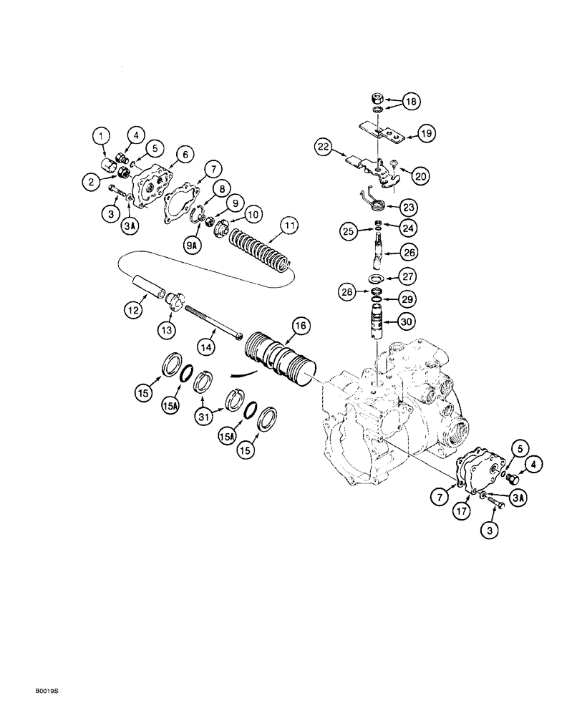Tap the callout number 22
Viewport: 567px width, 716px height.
coord(324,147)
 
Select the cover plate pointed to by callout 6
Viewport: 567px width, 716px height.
coord(153,180)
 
